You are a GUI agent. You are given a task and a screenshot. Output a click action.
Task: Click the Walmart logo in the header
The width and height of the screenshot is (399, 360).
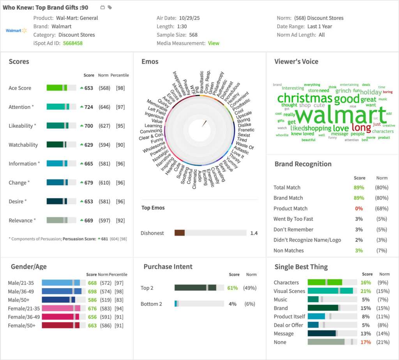point(16,30)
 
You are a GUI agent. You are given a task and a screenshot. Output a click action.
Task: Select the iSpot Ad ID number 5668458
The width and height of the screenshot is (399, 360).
point(73,43)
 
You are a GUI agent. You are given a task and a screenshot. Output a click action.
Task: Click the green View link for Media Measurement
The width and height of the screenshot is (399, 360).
point(214,43)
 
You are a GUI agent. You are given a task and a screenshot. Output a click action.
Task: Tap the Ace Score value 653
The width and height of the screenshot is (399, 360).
point(89,88)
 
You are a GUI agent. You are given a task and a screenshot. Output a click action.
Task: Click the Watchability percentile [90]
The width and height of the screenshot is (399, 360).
point(120,145)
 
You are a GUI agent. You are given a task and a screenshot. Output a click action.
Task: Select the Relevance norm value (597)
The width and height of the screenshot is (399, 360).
point(104,220)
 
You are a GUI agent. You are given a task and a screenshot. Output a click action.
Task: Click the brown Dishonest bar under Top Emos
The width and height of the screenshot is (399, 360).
point(180,233)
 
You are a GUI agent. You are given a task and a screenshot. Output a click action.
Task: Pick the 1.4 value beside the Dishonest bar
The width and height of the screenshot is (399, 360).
point(254,233)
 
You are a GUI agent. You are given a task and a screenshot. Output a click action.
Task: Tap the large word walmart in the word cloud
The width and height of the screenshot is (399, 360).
point(341,115)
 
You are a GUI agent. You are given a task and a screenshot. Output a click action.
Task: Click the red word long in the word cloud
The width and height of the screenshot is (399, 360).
point(361,128)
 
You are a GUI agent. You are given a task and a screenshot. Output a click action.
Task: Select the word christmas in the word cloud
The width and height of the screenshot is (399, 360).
point(305,98)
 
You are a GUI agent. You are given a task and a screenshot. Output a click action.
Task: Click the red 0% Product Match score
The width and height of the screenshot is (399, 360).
point(359,209)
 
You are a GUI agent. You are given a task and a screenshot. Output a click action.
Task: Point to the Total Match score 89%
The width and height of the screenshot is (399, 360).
point(359,188)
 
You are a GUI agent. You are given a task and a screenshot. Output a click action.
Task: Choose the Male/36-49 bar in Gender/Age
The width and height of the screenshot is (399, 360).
point(62,291)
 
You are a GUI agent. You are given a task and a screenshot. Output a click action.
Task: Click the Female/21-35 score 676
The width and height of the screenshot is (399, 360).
point(92,309)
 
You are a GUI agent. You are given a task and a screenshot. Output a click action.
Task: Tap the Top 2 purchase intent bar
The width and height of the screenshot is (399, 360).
point(195,288)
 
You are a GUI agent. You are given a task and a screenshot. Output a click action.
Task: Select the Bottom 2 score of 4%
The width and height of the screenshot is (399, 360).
point(233,304)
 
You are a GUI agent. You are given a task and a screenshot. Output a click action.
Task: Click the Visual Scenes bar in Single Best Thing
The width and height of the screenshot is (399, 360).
point(330,291)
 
